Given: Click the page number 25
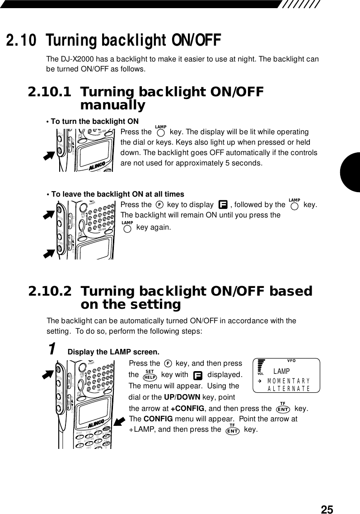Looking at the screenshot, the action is pos(327,509).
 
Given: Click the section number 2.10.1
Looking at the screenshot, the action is pos(50,92).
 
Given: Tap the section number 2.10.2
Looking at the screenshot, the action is pos(50,291).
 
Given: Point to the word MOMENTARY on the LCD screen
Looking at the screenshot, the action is pos(288,381).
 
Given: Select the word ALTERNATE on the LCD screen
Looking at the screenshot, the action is pos(289,388).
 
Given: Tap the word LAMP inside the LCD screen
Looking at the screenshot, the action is pos(282,372).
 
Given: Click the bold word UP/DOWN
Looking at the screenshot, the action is pos(176,397).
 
